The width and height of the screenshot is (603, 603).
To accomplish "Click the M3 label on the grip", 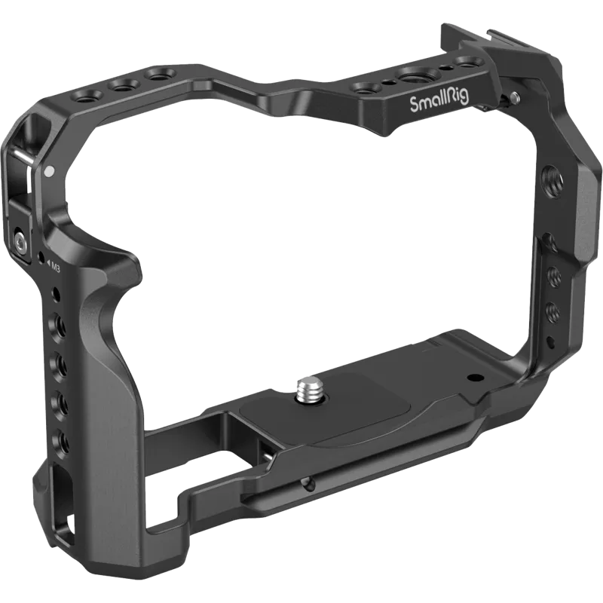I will (x=56, y=266).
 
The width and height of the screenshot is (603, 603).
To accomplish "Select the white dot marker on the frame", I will (x=48, y=152).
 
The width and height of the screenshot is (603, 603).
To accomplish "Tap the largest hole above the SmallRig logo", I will (x=413, y=78).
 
